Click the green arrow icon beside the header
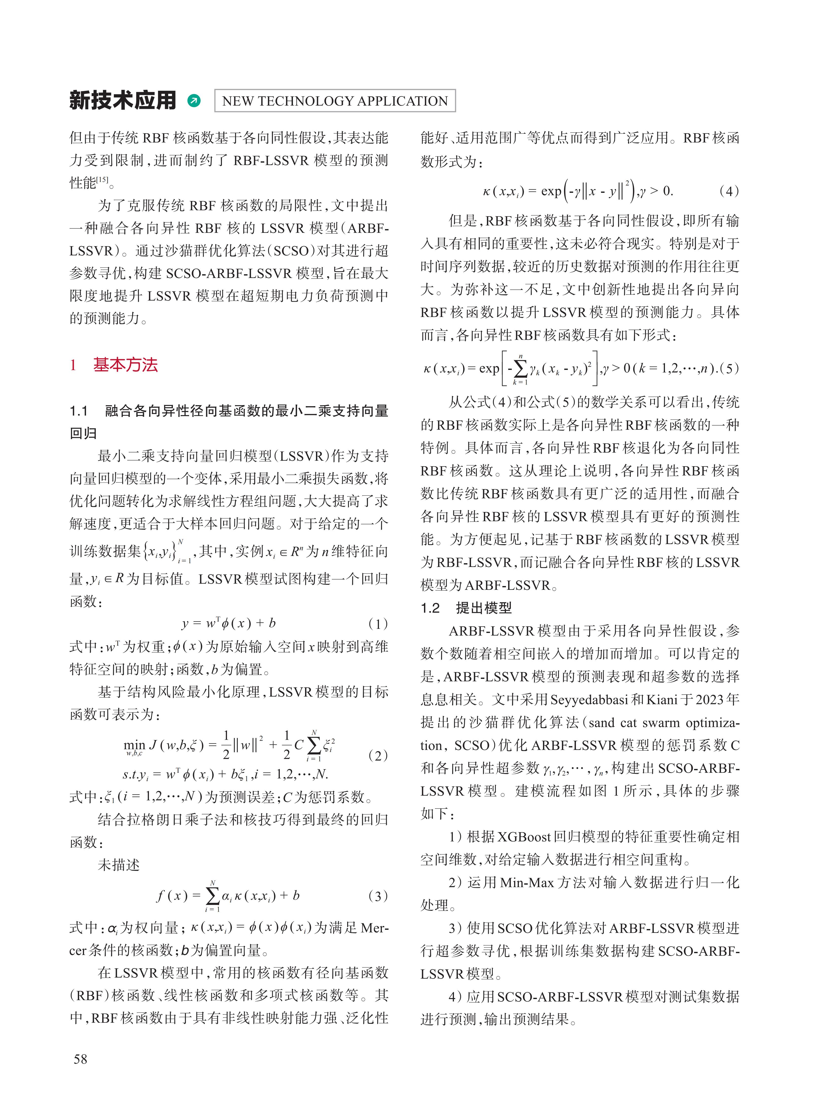[x=193, y=101]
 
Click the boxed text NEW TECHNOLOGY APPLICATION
[x=335, y=101]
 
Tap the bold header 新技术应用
[x=123, y=100]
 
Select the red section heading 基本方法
[x=125, y=365]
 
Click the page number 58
[x=80, y=1059]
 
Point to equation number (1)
[x=378, y=624]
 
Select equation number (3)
[x=378, y=896]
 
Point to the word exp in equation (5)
[x=489, y=368]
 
